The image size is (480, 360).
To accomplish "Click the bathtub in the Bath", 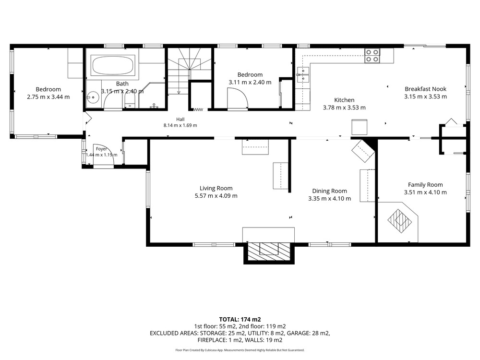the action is click(113, 65).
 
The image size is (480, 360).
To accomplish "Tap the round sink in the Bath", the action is click(93, 98).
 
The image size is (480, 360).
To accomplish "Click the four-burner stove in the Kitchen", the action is click(372, 56).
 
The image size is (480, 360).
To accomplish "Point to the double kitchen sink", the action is click(303, 75).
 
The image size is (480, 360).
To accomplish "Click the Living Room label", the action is click(216, 188).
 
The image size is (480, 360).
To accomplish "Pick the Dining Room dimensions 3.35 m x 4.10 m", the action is click(329, 198).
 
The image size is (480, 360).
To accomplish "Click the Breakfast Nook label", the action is click(425, 89).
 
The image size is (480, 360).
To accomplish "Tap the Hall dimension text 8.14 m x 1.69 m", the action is click(180, 125).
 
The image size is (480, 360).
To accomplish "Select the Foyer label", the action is click(101, 149).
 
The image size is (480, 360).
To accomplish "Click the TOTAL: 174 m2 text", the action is click(240, 320).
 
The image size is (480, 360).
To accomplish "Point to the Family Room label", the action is click(425, 185).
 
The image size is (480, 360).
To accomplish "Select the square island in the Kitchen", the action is click(360, 127).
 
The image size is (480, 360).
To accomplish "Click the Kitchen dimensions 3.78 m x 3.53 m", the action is click(344, 108).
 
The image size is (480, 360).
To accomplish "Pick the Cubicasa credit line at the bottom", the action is click(240, 350).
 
